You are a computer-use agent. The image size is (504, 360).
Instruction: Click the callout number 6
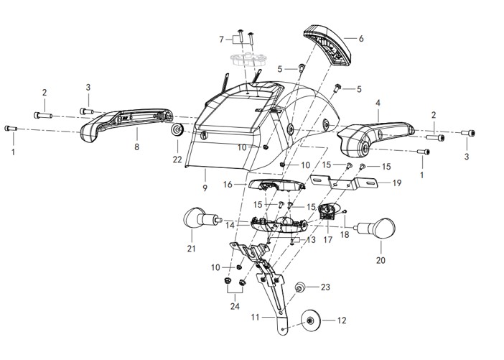(361, 38)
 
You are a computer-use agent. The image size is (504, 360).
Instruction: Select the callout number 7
(222, 38)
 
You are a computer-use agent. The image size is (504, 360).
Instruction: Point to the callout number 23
(325, 287)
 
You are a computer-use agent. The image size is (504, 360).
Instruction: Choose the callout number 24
(233, 305)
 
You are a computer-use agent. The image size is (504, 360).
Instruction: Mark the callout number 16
(228, 185)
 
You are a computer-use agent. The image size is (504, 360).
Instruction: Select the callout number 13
(311, 240)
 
